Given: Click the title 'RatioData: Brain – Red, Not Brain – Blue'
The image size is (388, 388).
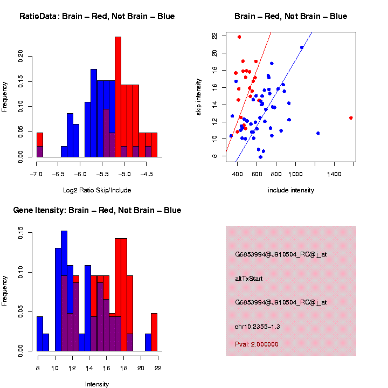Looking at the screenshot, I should [x=97, y=16].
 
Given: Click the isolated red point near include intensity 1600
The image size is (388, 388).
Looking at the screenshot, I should [x=351, y=117].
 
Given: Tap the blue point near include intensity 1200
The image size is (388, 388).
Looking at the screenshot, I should [x=318, y=133].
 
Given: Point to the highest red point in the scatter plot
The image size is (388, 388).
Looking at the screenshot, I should [x=239, y=37].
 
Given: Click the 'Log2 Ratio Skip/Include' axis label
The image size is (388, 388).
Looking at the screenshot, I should [x=97, y=190].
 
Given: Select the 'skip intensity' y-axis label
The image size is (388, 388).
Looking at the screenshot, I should [x=199, y=96].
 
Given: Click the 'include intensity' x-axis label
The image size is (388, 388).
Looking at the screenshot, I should [x=291, y=190].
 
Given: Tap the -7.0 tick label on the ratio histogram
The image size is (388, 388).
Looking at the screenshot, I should [x=37, y=175].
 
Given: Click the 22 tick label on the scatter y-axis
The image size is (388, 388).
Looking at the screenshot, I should [x=214, y=36].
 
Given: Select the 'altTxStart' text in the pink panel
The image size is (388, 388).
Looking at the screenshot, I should [x=248, y=279].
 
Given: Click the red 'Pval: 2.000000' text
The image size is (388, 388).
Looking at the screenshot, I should [x=257, y=344].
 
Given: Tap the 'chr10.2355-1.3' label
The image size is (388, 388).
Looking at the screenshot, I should [x=258, y=327].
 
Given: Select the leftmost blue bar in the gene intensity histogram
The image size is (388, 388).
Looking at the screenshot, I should [x=40, y=334].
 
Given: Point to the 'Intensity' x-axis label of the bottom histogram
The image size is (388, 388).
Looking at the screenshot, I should [x=97, y=384].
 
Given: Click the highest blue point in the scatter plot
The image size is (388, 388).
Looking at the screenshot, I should [x=302, y=47].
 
